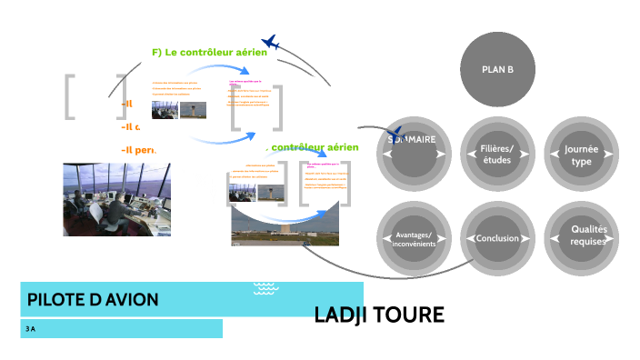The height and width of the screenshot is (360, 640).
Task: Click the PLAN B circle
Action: coord(497,70)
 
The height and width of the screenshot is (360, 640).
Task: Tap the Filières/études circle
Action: coord(496,153)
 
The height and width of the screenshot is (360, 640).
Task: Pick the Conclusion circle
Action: coord(496,238)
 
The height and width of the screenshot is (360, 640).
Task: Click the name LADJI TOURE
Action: coord(378,315)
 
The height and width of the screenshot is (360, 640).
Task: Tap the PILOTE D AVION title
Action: coord(93,299)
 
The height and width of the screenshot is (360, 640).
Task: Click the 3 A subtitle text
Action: coord(31,329)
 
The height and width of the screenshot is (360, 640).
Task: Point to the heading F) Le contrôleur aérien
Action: coord(209,53)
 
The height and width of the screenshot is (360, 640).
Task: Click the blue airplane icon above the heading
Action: coord(270,42)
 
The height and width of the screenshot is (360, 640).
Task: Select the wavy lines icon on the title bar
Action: coord(265,288)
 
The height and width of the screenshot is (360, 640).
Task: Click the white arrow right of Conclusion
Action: coord(525,238)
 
